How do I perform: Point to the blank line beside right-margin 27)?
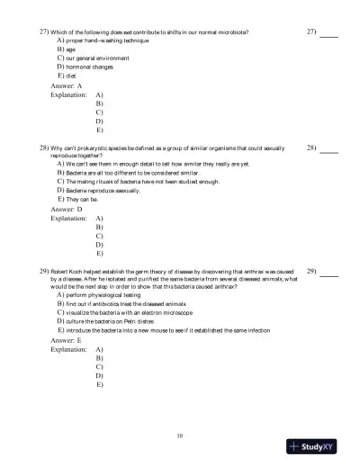point(330,33)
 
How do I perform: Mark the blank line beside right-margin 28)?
point(330,149)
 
